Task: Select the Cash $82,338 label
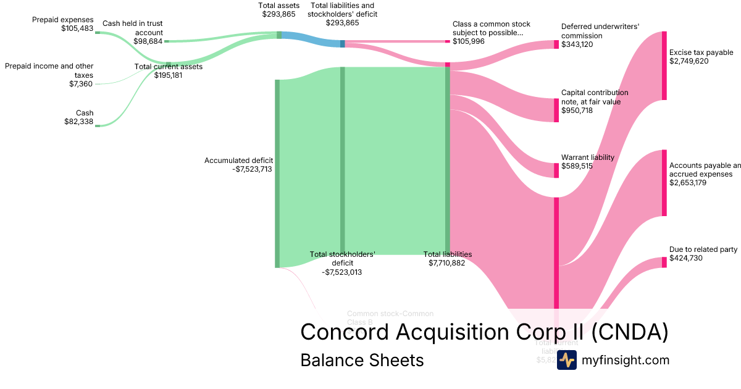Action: pos(78,117)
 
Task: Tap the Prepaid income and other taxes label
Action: pos(49,75)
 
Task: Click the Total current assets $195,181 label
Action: pos(168,70)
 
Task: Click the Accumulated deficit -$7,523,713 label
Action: pos(238,164)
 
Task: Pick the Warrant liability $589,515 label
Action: pos(587,162)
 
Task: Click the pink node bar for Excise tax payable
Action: pos(664,65)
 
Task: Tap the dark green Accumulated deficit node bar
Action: pos(277,174)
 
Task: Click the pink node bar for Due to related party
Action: pos(664,262)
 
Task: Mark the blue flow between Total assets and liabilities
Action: pos(311,40)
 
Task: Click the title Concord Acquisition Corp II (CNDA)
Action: pos(484,332)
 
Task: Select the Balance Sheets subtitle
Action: pos(362,360)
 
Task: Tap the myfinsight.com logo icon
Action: pos(566,360)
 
